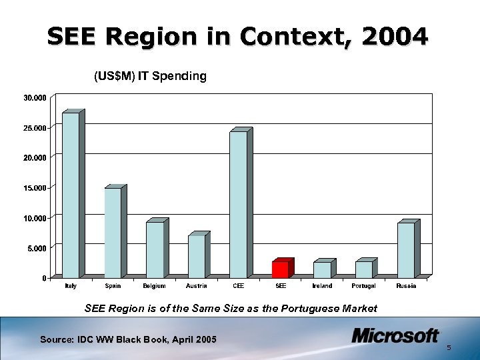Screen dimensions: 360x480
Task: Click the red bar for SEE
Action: (x=280, y=269)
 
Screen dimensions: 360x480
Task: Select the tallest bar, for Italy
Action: (x=70, y=195)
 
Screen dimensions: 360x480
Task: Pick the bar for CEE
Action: (x=238, y=204)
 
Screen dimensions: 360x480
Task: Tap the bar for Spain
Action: (x=113, y=233)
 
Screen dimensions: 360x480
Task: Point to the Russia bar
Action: (x=405, y=250)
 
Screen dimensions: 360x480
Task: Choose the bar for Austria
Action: (x=196, y=257)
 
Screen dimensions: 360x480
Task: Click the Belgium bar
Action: (x=155, y=250)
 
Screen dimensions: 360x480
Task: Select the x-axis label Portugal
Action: (x=363, y=286)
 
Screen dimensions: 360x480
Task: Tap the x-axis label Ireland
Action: (x=322, y=286)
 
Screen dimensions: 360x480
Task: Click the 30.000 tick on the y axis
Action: (x=35, y=98)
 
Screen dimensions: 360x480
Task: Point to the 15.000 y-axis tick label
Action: (x=35, y=188)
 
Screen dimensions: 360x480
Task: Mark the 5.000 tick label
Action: (x=37, y=248)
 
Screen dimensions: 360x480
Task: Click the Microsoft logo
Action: (x=395, y=335)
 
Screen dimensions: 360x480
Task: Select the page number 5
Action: (x=449, y=348)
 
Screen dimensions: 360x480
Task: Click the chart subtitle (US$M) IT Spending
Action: (x=150, y=76)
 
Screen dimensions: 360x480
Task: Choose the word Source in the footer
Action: (x=55, y=340)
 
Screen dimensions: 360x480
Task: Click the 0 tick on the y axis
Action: (x=44, y=278)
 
